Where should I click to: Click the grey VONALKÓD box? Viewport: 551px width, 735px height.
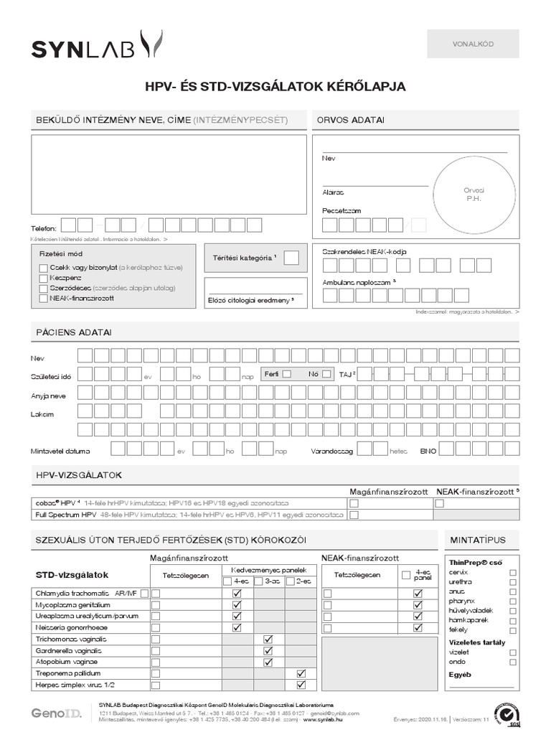(472, 44)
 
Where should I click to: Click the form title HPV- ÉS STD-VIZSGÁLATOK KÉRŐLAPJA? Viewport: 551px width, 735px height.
(275, 87)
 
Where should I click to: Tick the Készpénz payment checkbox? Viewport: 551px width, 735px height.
(44, 277)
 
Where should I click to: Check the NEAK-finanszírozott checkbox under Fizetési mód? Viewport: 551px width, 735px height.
(44, 298)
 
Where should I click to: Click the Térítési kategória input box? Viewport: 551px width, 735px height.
(291, 258)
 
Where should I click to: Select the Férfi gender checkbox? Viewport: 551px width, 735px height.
(286, 374)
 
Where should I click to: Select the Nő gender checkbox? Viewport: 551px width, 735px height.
(326, 374)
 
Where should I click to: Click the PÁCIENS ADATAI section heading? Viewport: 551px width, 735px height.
(74, 332)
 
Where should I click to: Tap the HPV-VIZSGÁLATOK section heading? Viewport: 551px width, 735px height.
(79, 476)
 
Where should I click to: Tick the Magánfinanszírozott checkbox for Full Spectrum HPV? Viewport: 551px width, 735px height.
(353, 515)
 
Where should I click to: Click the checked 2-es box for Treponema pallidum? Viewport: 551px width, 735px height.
(301, 674)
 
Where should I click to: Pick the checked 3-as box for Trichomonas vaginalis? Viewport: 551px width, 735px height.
(268, 639)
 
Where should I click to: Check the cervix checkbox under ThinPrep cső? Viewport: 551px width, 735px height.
(512, 573)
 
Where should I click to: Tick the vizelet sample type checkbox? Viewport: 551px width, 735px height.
(512, 652)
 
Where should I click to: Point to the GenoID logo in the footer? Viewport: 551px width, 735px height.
(55, 713)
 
